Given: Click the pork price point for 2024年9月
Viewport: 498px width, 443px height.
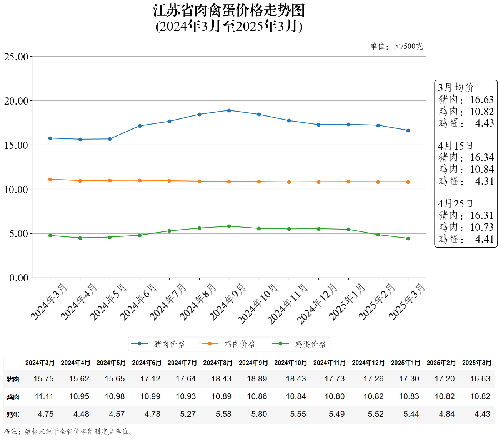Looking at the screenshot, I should [x=229, y=110].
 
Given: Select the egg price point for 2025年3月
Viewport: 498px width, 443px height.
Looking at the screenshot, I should [x=408, y=238].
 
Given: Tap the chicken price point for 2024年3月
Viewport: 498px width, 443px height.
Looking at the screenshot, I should [x=50, y=179].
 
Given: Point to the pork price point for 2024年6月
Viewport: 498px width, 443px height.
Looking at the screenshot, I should [x=140, y=126].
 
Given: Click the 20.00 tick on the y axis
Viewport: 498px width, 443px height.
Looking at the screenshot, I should [x=16, y=101].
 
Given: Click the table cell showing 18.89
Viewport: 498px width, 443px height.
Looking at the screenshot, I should [x=257, y=379].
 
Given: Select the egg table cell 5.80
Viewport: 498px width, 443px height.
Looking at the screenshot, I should [x=259, y=414].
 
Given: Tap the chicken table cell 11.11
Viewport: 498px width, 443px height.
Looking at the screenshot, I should [x=44, y=396].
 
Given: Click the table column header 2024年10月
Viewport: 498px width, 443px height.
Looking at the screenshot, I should [x=291, y=363].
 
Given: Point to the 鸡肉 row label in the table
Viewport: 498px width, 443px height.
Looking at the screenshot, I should [x=13, y=397].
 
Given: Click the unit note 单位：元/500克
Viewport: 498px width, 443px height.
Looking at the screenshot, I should [x=396, y=47].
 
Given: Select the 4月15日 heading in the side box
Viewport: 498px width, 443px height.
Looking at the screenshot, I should [x=455, y=146].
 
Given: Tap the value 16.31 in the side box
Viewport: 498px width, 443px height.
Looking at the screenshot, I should [x=481, y=215].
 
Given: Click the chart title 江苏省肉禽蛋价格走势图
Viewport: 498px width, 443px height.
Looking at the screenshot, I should [x=229, y=11].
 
